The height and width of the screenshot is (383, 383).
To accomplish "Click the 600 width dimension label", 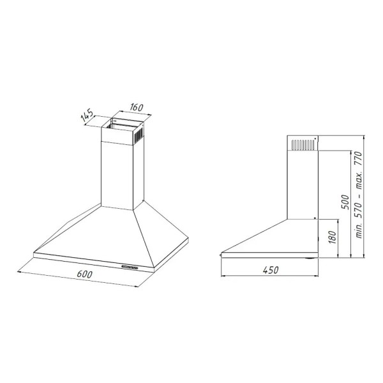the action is (84, 274).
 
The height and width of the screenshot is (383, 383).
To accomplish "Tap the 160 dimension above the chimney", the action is (137, 107).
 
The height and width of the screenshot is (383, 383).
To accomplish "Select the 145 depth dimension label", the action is (87, 115).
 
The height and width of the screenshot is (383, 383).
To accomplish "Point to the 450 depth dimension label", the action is (271, 270).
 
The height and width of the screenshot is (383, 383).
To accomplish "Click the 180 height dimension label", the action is (333, 237).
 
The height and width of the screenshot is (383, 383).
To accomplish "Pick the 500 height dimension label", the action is (345, 202).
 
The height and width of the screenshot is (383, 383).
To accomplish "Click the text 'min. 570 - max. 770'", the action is (359, 195).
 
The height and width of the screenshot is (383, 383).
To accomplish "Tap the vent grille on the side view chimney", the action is (303, 145).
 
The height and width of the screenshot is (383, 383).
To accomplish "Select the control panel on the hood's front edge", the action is (130, 267).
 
